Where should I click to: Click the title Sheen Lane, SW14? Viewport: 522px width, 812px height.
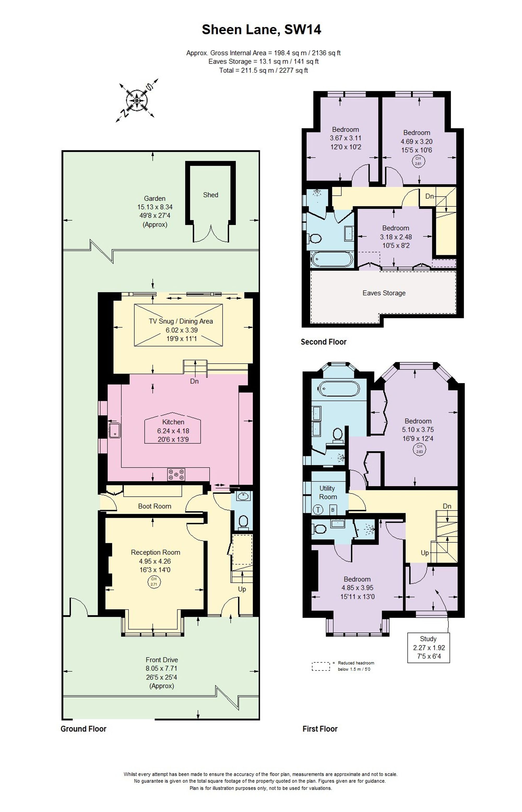(261, 30)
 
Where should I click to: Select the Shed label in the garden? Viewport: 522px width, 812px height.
(210, 195)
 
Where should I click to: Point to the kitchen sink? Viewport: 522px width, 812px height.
(114, 429)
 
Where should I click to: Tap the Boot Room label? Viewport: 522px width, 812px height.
(155, 506)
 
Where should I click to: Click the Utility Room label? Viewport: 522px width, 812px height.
(328, 493)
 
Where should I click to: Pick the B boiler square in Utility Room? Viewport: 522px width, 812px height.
(333, 510)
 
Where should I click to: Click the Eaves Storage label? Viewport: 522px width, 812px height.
(384, 293)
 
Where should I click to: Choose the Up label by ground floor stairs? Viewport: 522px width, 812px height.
(242, 589)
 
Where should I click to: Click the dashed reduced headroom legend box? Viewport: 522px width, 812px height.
(321, 666)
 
